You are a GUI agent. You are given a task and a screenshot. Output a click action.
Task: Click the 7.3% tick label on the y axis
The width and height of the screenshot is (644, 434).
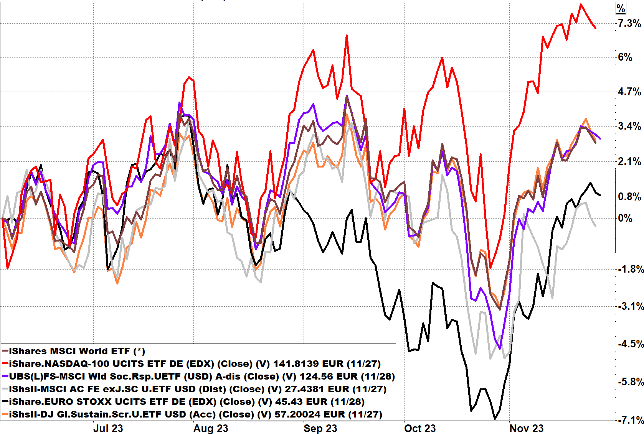click(629, 23)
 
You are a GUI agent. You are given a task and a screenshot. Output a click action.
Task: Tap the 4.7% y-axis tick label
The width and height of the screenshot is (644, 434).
click(629, 92)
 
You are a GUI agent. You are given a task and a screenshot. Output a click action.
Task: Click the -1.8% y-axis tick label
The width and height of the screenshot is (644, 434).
click(631, 269)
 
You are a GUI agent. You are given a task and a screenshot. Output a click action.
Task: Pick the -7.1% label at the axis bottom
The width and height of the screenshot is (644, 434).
click(631, 420)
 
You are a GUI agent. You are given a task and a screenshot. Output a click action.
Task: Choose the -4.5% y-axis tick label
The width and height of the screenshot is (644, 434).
click(631, 344)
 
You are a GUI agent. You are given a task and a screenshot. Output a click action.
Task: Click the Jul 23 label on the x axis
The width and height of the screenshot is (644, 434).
click(108, 428)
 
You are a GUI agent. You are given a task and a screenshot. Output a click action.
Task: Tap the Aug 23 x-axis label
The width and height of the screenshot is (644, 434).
click(211, 428)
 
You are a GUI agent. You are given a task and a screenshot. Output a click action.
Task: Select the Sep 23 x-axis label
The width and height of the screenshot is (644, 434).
click(320, 428)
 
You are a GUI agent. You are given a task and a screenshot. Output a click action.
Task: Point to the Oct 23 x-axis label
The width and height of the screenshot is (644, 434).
click(420, 428)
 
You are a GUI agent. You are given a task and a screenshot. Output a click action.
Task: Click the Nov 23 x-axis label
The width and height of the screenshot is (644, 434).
click(526, 428)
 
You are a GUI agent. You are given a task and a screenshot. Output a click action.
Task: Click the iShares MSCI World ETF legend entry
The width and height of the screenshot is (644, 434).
click(77, 351)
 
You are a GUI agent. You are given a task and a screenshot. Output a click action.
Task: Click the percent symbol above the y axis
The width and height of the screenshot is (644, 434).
click(621, 8)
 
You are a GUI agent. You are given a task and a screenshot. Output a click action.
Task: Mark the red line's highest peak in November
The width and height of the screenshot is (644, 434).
click(581, 4)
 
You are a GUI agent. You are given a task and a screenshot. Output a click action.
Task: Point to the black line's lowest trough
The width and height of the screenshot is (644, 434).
click(495, 419)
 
